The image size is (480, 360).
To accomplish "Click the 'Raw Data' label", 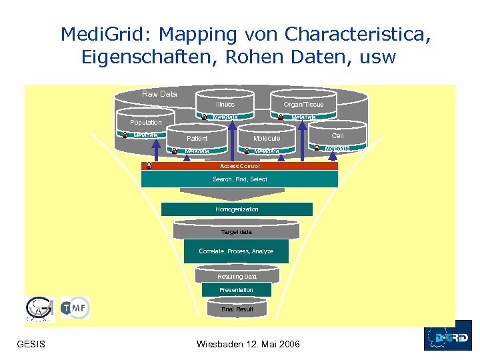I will pos(160,94).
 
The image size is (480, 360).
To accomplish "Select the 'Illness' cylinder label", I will pos(225,105).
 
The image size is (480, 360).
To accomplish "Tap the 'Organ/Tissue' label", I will pos(303,105).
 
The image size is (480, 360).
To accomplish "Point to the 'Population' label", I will pos(146,123).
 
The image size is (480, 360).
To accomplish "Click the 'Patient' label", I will pos(197,139).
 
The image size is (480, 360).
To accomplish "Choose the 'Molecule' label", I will pos(267,139).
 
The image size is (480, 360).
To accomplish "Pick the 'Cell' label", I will pos(337,135).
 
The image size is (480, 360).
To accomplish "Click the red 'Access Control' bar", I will pos(240,166).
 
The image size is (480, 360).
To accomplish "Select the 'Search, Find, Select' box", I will pos(240,179).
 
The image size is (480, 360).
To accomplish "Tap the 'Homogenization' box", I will pos(237,209).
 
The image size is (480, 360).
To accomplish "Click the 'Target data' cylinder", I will pos(237,231).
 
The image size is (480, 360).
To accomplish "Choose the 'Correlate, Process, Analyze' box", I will pos(236,251).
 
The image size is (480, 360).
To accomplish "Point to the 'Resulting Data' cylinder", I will pos(237,276).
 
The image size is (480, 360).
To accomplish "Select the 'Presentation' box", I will pos(237,290).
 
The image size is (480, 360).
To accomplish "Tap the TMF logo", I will pos(75,307).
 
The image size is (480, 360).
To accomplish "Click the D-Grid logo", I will pos(447,335).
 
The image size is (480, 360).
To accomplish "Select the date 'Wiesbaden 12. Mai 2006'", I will pos(249,344).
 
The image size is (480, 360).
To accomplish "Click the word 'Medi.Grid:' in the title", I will pos(98,34).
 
